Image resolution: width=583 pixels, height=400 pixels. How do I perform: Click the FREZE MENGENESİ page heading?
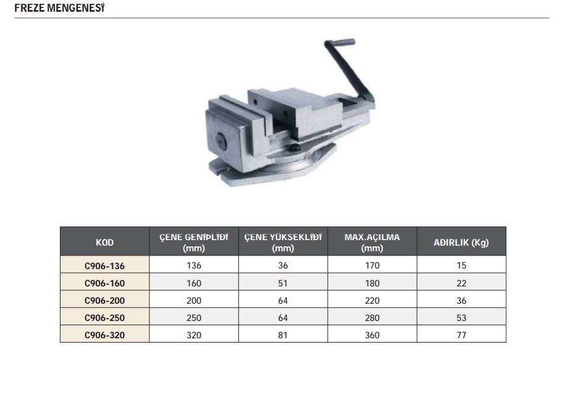tap(59, 8)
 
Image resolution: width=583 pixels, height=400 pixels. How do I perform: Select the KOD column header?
tap(104, 243)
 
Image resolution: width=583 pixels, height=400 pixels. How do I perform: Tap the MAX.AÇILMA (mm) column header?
tap(372, 243)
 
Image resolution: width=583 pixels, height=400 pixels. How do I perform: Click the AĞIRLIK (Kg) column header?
tap(461, 243)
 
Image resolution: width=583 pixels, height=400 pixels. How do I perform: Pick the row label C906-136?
tap(104, 266)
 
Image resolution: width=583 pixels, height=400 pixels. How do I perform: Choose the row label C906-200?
tap(104, 301)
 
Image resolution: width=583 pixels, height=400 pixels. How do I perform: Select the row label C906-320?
tap(104, 335)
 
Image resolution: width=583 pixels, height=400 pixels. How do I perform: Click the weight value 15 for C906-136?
tap(461, 265)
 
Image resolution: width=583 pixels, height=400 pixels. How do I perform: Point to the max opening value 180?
tap(372, 283)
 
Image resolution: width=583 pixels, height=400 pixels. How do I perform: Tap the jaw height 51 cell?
tap(283, 283)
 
